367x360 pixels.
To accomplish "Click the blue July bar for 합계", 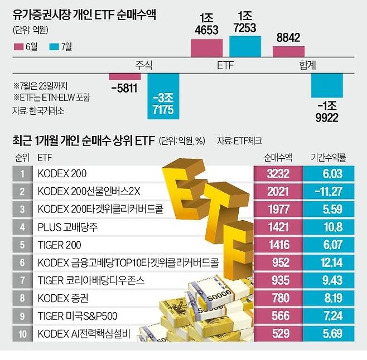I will [326, 86].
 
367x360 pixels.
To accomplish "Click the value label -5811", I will [124, 87].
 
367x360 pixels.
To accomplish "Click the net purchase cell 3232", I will [277, 174].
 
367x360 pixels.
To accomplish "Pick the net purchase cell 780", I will [277, 299].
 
